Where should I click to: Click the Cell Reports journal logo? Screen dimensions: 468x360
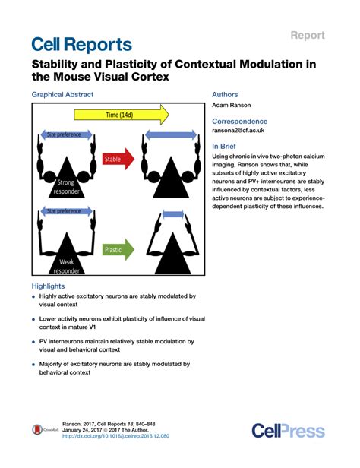[x=81, y=43]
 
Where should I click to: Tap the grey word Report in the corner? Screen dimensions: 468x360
[x=307, y=35]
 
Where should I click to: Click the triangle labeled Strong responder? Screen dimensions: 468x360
[x=64, y=176]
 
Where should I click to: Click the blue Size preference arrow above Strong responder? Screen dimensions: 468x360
[x=62, y=134]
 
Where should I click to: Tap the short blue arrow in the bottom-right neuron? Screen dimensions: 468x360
[x=174, y=216]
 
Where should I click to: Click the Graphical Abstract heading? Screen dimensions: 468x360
[x=62, y=95]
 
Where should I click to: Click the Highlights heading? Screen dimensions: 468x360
[x=48, y=286]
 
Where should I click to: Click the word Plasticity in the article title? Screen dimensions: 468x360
[x=130, y=65]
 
